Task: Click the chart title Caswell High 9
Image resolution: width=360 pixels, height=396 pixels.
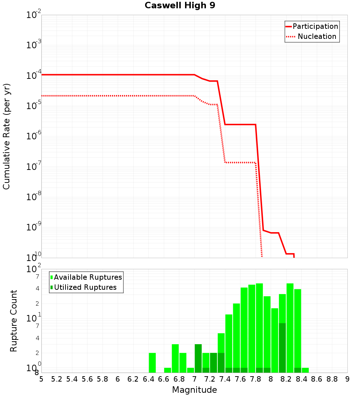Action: [180, 6]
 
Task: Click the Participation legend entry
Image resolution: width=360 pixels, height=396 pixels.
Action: [315, 26]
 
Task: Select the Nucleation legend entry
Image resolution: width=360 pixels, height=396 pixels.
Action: [316, 36]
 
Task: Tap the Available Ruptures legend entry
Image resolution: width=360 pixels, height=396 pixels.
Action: [87, 277]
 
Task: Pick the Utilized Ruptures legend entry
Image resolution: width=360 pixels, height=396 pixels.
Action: [85, 287]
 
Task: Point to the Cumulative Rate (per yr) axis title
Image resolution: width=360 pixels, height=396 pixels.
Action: [6, 136]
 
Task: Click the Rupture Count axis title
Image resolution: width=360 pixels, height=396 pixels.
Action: [14, 321]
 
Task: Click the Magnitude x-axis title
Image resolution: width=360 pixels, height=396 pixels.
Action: [194, 390]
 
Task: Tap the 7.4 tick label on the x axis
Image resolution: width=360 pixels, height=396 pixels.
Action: [225, 379]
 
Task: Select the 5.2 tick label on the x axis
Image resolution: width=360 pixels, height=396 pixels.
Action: [57, 379]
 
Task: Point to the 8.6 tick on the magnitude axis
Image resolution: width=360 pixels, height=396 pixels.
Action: [317, 379]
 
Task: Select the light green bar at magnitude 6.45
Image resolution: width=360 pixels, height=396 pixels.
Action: [152, 363]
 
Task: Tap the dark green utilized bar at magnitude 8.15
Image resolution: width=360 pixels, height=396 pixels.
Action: [282, 348]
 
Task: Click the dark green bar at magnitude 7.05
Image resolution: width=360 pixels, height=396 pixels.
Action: [198, 358]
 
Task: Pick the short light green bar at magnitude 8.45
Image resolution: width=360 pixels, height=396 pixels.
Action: [305, 370]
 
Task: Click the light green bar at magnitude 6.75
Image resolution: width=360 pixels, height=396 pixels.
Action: [175, 358]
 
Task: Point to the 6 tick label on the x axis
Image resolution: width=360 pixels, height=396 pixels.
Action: [118, 379]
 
